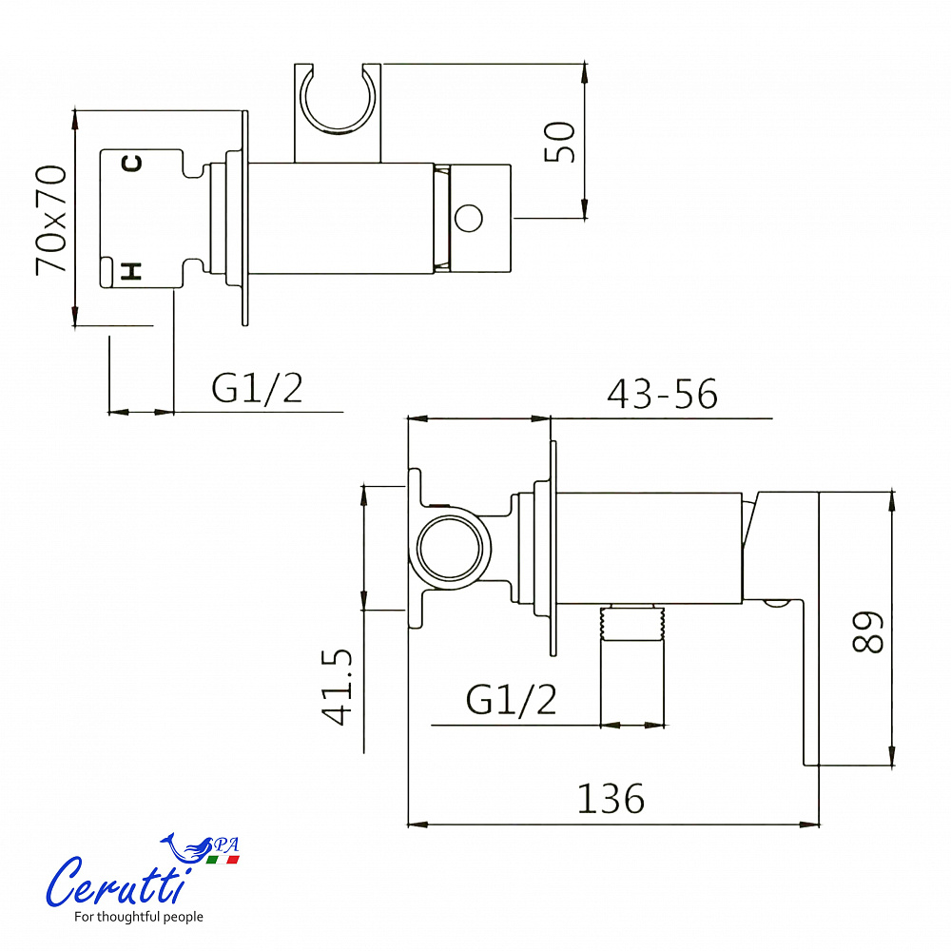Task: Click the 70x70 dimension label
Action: (51, 220)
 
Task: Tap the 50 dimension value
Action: (559, 142)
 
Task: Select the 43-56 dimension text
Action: (662, 394)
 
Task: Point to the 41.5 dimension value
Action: (338, 687)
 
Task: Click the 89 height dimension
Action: (867, 632)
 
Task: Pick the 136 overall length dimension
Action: (611, 798)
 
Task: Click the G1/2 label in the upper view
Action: (257, 388)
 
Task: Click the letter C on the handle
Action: (132, 164)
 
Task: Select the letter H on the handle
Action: (131, 271)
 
